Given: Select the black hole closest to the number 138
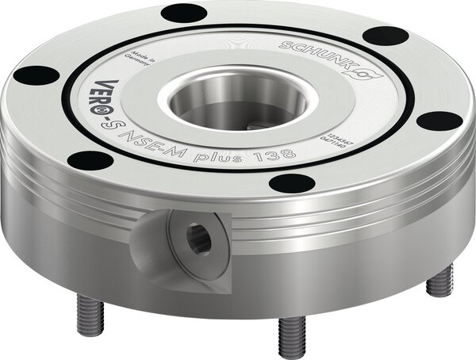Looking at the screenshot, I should pyautogui.click(x=291, y=183).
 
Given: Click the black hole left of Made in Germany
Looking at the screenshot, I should pyautogui.click(x=36, y=75).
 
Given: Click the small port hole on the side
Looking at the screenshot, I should pyautogui.click(x=199, y=239).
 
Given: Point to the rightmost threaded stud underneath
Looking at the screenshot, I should pyautogui.click(x=440, y=281).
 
